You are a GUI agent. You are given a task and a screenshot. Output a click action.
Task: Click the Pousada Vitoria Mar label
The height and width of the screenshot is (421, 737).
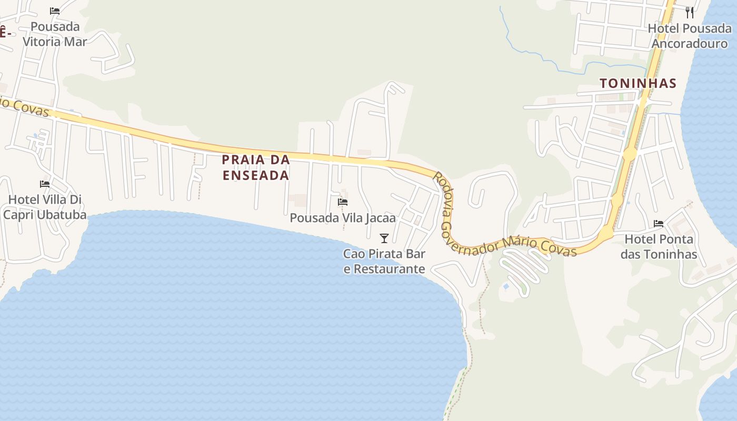(55, 34)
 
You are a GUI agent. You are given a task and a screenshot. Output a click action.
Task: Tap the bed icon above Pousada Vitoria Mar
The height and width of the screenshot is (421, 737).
(55, 11)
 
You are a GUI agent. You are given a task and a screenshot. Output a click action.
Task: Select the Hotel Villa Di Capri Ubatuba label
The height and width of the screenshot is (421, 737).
(45, 207)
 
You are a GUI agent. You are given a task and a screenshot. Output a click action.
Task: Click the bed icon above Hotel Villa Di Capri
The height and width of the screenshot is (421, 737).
(45, 184)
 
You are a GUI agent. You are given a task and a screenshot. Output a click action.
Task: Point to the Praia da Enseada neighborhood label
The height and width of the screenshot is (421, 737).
(256, 167)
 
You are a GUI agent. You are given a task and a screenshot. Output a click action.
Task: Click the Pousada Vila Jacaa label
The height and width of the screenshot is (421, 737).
(343, 217)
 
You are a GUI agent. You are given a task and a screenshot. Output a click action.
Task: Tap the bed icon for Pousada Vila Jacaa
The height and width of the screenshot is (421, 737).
(343, 202)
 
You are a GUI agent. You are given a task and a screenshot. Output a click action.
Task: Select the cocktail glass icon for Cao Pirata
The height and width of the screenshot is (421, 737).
(384, 238)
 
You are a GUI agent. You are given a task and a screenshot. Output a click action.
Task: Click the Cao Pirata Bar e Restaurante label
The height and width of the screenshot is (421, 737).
(384, 261)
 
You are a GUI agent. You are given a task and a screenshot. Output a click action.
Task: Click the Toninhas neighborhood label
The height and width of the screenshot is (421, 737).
(638, 83)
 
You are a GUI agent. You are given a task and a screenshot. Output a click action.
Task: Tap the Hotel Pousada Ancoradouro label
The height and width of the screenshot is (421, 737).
(690, 36)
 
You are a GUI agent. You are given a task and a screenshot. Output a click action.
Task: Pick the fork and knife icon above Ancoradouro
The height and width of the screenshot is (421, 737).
(690, 12)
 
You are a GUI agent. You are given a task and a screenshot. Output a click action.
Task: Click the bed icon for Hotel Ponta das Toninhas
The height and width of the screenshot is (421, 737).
(659, 224)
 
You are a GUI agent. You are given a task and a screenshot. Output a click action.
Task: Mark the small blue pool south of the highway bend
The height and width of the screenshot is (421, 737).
(506, 287)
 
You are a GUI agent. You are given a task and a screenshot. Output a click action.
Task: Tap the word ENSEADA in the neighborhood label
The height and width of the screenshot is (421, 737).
(256, 175)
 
